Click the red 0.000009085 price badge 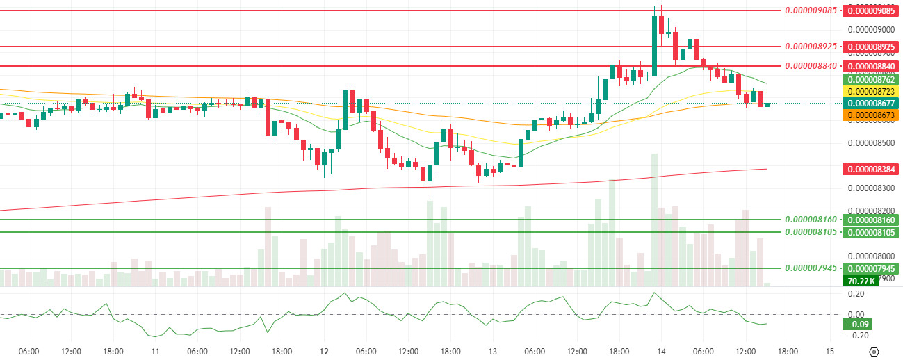click(870, 10)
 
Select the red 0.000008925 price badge click(870, 47)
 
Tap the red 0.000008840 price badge click(870, 66)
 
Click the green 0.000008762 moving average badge click(870, 79)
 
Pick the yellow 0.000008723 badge click(870, 91)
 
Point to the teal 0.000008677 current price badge click(870, 103)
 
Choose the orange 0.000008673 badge click(870, 115)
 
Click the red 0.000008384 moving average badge click(870, 169)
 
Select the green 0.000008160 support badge click(870, 220)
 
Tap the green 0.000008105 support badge click(870, 232)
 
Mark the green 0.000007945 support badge click(870, 268)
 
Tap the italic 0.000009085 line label click(811, 10)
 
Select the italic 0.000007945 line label click(811, 268)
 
